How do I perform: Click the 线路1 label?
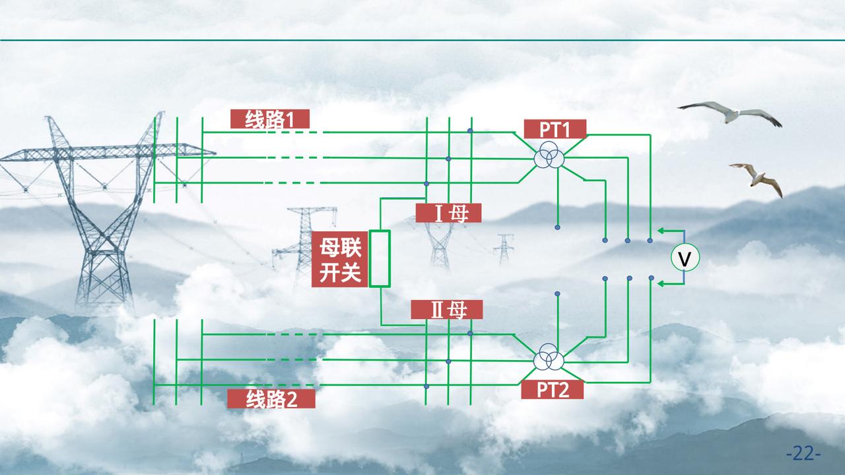pyautogui.click(x=269, y=119)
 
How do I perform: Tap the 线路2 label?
pyautogui.click(x=271, y=399)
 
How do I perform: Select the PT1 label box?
pyautogui.click(x=555, y=129)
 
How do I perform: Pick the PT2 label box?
pyautogui.click(x=553, y=390)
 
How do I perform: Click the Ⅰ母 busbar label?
pyautogui.click(x=448, y=213)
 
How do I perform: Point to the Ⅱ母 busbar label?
pyautogui.click(x=447, y=309)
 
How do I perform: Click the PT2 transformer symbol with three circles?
pyautogui.click(x=549, y=360)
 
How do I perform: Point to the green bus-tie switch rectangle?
pyautogui.click(x=380, y=258)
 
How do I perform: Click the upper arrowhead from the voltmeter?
pyautogui.click(x=661, y=231)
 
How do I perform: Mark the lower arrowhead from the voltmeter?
pyautogui.click(x=661, y=283)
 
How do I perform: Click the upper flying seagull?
pyautogui.click(x=730, y=113)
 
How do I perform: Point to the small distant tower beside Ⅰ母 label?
pyautogui.click(x=504, y=249)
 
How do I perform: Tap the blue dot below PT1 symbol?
pyautogui.click(x=557, y=227)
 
